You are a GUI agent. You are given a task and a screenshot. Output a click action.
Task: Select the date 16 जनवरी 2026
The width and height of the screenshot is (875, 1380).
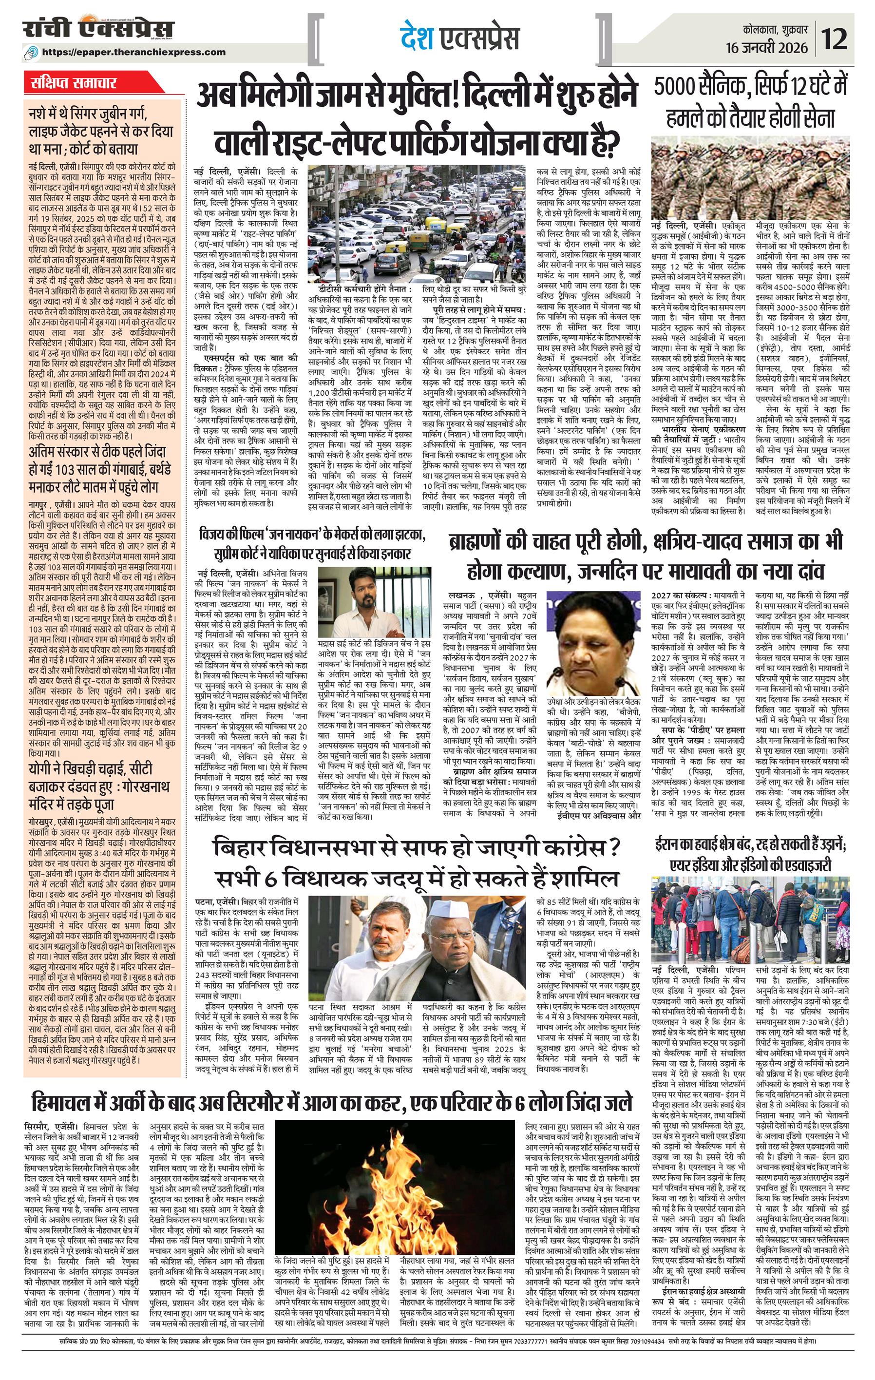coord(767,46)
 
